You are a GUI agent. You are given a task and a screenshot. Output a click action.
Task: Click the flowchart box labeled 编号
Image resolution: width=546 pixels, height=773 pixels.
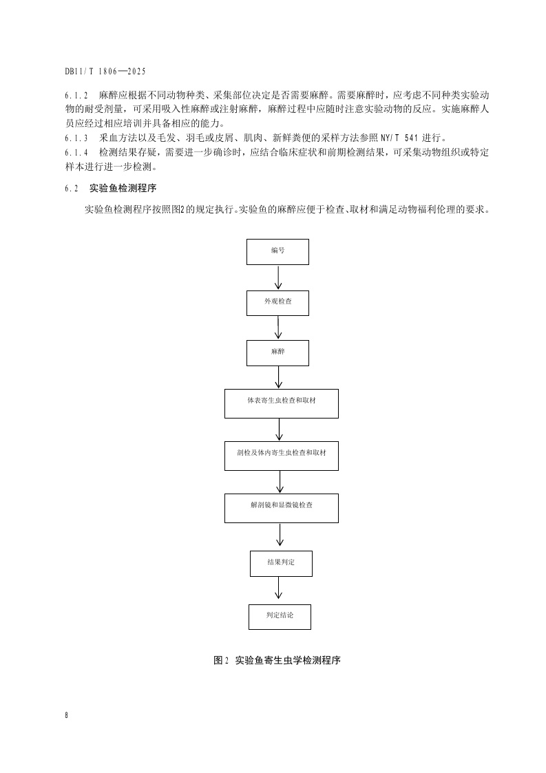(x=277, y=251)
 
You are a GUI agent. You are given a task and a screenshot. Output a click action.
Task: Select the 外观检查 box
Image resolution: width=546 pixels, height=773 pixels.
(x=277, y=303)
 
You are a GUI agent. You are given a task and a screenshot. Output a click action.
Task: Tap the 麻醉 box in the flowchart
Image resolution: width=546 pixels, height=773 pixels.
(x=277, y=352)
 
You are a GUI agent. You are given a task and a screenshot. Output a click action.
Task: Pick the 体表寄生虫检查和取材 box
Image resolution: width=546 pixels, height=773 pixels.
(x=281, y=403)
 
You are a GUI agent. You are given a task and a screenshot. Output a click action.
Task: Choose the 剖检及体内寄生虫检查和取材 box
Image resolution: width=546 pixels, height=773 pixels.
(x=281, y=455)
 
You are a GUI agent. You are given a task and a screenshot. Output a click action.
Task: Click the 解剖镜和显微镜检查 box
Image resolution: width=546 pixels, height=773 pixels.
(x=281, y=508)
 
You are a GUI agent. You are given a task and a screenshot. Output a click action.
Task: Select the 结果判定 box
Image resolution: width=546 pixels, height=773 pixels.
(x=280, y=563)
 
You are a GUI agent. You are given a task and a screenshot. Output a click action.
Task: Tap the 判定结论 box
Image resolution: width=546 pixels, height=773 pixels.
(x=280, y=616)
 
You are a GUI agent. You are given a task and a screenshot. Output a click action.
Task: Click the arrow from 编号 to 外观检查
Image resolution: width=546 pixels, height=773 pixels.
(x=278, y=277)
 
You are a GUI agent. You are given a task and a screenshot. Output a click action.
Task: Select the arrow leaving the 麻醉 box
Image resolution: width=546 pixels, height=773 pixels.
(x=278, y=377)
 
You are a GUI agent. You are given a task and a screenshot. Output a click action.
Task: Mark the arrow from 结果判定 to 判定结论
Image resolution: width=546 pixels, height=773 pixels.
(x=279, y=590)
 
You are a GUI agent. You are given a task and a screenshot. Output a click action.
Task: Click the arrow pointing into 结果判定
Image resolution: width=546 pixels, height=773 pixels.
(x=279, y=536)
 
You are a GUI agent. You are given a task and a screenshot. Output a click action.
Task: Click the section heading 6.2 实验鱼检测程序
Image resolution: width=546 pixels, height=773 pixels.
(x=120, y=188)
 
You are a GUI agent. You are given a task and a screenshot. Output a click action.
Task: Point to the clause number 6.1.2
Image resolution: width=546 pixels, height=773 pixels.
(x=76, y=96)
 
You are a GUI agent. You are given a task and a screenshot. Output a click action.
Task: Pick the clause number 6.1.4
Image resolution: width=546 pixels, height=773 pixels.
(x=76, y=152)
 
